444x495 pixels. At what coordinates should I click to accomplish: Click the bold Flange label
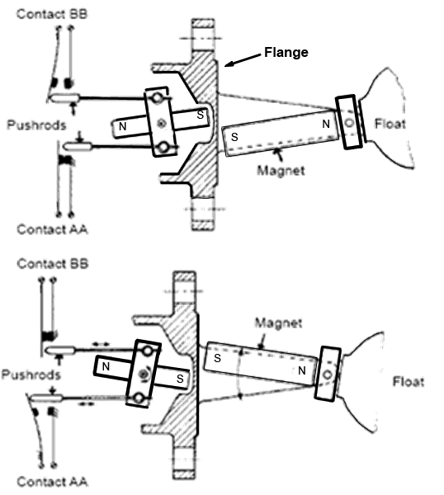point(286,52)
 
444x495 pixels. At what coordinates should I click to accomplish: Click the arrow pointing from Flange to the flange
point(243,60)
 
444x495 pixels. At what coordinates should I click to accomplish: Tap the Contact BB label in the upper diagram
point(52,14)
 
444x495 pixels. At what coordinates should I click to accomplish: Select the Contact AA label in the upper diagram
point(52,229)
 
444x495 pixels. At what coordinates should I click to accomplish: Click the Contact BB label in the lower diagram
point(53,264)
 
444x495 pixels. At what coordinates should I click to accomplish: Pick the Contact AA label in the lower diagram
point(52,482)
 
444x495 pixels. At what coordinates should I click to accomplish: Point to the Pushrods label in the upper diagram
point(36,125)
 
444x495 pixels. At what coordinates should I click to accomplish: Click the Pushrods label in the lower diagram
point(31,375)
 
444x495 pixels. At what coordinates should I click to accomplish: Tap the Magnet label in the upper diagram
point(281,171)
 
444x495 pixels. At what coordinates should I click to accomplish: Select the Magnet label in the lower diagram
point(278,323)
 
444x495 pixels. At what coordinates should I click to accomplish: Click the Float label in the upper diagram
point(390,124)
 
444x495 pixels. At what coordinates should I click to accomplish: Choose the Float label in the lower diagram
point(409,382)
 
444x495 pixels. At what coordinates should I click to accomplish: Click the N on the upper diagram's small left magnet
point(122,126)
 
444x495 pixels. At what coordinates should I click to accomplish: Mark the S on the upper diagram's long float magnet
point(234,137)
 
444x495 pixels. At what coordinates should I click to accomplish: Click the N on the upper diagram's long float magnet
point(326,124)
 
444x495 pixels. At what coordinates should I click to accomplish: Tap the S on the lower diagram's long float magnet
point(217,358)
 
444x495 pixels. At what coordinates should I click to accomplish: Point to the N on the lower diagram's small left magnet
point(106,366)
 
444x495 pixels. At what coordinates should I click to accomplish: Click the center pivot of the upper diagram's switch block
point(162,123)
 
